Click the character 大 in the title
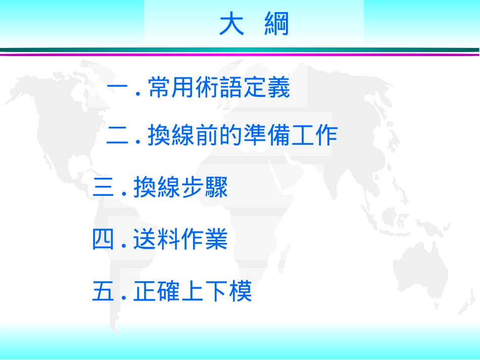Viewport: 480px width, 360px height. (231, 24)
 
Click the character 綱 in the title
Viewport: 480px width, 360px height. (276, 24)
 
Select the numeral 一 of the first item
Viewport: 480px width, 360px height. (119, 89)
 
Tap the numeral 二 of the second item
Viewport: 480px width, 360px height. (118, 136)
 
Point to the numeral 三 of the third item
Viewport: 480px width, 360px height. (104, 188)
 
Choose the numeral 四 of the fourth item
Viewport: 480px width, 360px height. (104, 240)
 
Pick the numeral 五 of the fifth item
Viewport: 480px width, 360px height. (104, 291)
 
